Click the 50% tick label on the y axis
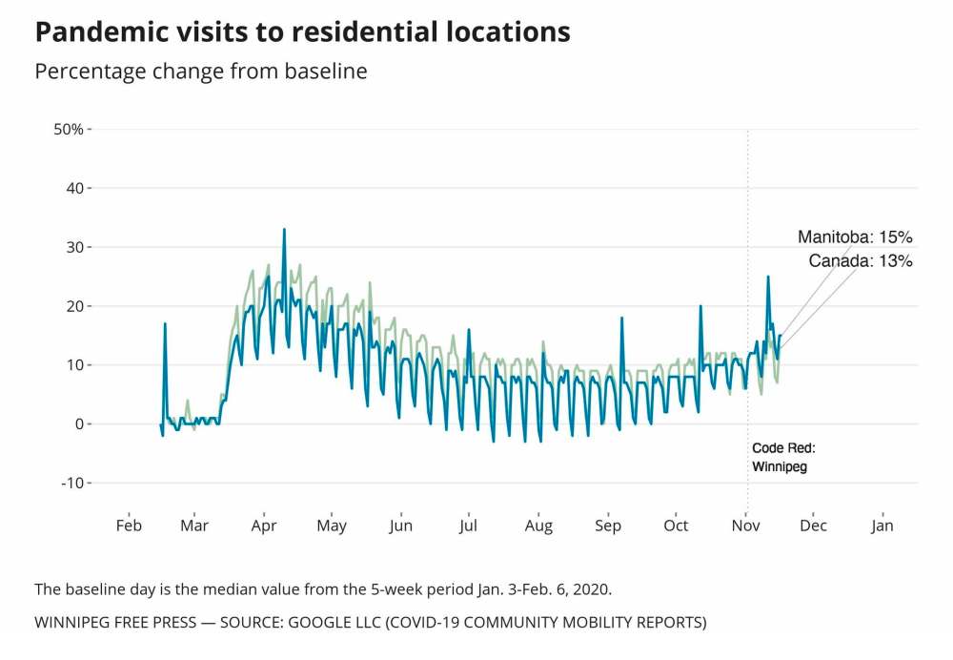70,129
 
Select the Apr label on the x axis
264,526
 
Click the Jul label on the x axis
468,526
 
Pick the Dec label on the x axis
813,526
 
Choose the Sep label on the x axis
608,526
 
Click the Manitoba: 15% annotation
855,237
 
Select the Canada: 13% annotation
861,260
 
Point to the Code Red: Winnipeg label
783,457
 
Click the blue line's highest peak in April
284,229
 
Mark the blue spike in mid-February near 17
165,324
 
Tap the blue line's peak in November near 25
767,277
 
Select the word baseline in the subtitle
326,72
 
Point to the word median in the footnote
193,588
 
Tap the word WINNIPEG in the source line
72,623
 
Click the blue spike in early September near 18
621,319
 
